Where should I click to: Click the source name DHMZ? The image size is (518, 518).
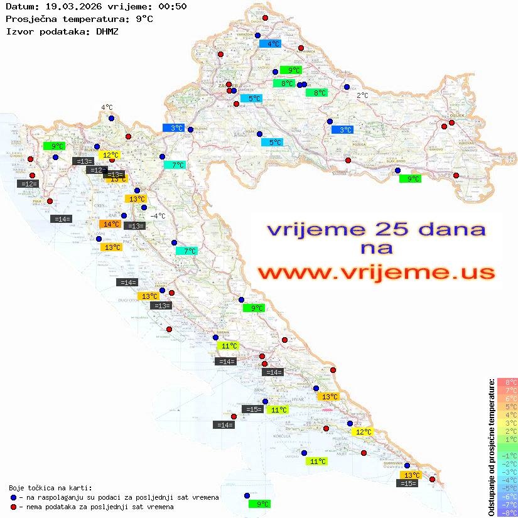pyautogui.click(x=107, y=31)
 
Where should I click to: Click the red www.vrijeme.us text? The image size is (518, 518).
pyautogui.click(x=375, y=272)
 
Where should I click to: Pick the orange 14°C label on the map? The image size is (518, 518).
pyautogui.click(x=111, y=224)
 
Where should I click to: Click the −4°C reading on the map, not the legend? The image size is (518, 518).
pyautogui.click(x=158, y=216)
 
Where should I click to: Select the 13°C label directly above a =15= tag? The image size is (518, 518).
pyautogui.click(x=411, y=475)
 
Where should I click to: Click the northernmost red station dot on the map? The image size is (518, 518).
pyautogui.click(x=265, y=18)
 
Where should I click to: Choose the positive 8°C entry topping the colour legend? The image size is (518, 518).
pyautogui.click(x=507, y=382)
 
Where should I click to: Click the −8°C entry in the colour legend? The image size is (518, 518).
pyautogui.click(x=507, y=512)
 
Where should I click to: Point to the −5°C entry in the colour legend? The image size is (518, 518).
pyautogui.click(x=507, y=488)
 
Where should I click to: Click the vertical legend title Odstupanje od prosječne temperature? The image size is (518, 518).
pyautogui.click(x=492, y=447)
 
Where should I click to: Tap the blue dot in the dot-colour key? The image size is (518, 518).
pyautogui.click(x=13, y=497)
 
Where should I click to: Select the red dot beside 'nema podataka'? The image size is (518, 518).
pyautogui.click(x=13, y=507)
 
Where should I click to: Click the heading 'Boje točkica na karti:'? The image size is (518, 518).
pyautogui.click(x=50, y=488)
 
